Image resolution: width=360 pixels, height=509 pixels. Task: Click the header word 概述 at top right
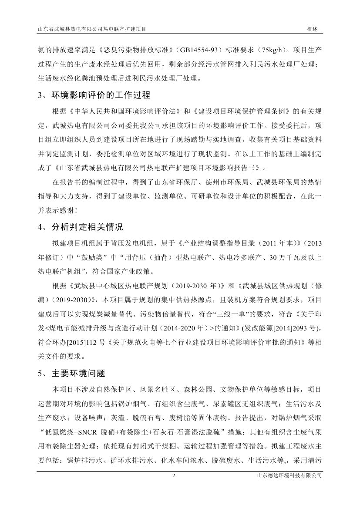[312, 29]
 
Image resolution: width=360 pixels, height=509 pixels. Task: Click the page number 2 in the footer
[174, 488]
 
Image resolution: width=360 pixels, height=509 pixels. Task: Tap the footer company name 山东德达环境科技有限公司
[289, 488]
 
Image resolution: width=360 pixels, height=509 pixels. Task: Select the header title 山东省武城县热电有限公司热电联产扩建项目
[92, 29]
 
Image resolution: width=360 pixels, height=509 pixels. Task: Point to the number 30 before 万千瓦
[273, 257]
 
